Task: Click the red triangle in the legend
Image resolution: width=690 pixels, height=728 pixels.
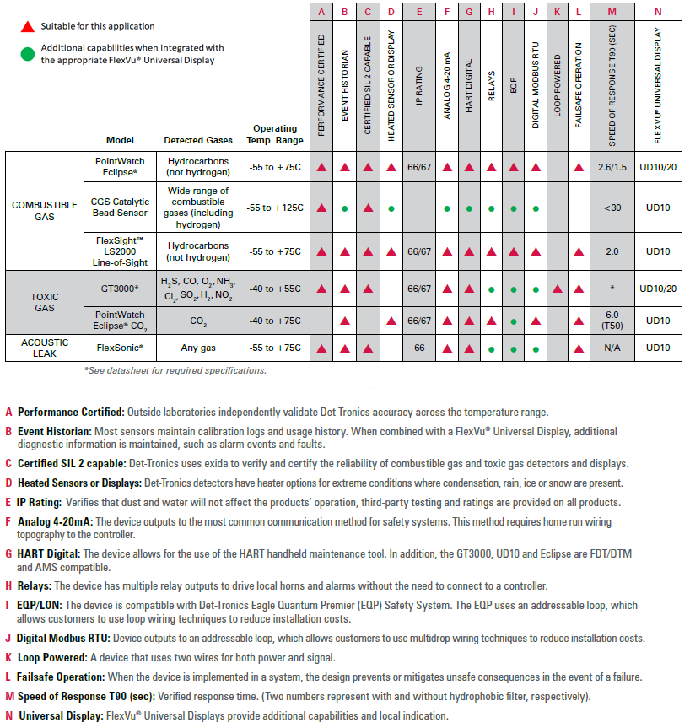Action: pyautogui.click(x=27, y=26)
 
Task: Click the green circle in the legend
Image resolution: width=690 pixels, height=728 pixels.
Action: pyautogui.click(x=27, y=54)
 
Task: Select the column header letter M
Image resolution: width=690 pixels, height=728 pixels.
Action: pyautogui.click(x=611, y=12)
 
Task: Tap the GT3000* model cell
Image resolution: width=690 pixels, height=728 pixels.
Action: pyautogui.click(x=119, y=288)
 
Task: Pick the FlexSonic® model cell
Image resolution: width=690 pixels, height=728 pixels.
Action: pyautogui.click(x=119, y=348)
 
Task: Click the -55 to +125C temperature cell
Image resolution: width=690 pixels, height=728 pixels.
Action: pyautogui.click(x=275, y=208)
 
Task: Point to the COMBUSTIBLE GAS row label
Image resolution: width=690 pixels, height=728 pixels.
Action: pyautogui.click(x=45, y=210)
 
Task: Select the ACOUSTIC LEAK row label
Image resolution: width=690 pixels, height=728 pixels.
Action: pyautogui.click(x=45, y=348)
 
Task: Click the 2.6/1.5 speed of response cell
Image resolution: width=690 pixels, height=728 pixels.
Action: pyautogui.click(x=612, y=167)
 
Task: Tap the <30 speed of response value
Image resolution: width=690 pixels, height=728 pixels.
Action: pyautogui.click(x=612, y=208)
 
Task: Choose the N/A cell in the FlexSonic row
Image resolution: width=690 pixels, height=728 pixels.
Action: pyautogui.click(x=612, y=348)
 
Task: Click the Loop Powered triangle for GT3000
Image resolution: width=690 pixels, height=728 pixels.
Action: pyautogui.click(x=557, y=289)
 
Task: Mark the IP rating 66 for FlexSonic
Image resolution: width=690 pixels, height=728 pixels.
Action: pyautogui.click(x=419, y=348)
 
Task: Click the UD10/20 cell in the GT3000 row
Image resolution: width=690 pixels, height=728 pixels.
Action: pyautogui.click(x=659, y=289)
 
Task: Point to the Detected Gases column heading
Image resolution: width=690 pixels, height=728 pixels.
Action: pyautogui.click(x=197, y=140)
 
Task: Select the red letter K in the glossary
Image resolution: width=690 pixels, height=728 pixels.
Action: pyautogui.click(x=8, y=657)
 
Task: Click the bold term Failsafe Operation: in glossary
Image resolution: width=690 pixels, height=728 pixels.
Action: pyautogui.click(x=62, y=677)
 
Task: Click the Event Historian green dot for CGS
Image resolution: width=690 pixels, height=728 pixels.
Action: pyautogui.click(x=345, y=208)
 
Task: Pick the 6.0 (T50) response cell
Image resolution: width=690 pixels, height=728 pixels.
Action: pyautogui.click(x=612, y=321)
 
